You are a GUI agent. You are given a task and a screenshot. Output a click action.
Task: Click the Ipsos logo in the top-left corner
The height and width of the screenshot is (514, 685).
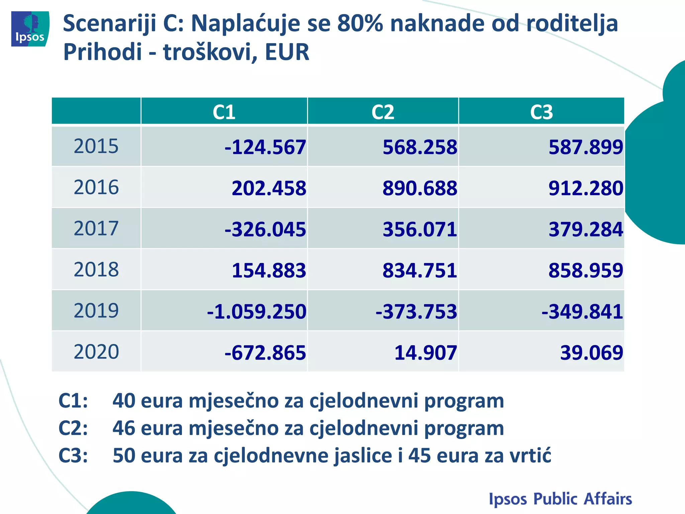(30, 29)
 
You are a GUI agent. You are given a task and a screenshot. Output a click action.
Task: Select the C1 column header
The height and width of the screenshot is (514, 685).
(224, 112)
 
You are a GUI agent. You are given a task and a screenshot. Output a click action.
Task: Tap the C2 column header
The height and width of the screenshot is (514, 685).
(383, 112)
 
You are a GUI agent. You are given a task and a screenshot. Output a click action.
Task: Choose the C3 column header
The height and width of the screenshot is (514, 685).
(541, 112)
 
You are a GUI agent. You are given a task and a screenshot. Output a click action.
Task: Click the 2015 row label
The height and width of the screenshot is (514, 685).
(96, 146)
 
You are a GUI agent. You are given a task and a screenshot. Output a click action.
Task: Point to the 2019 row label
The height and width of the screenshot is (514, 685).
(96, 311)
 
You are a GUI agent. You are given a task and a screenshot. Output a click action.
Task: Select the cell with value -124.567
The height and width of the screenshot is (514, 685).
(265, 147)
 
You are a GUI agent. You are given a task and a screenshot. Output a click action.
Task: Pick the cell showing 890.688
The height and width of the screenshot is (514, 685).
(419, 188)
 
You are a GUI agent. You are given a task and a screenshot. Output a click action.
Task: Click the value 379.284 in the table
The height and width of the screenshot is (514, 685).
(586, 230)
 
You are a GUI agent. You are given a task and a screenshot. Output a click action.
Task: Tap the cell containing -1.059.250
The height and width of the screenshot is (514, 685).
(257, 312)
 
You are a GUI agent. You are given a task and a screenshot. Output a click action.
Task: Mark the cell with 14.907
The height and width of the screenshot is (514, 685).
(425, 353)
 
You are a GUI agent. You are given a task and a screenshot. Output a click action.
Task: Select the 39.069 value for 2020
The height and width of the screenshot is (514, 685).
(591, 353)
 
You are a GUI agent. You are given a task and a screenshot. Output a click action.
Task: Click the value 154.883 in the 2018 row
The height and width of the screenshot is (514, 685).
(269, 270)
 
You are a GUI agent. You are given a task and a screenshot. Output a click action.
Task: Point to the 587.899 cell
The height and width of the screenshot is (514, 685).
(586, 147)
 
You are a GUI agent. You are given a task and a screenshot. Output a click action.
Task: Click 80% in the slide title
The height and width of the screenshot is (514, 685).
(360, 23)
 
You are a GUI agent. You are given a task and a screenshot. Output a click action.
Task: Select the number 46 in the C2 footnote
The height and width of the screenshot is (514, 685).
(123, 428)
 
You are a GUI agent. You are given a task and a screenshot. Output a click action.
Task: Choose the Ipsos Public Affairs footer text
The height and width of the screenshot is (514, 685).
(560, 499)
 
